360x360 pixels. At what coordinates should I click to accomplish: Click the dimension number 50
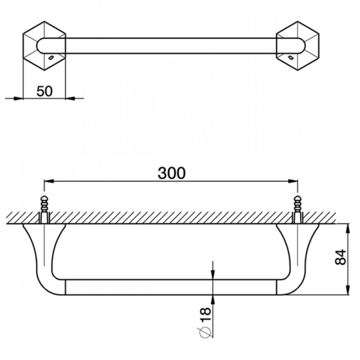[x=44, y=91]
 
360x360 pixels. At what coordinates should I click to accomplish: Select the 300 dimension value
[x=172, y=173]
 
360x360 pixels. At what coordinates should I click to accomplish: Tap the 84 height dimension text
[x=341, y=257]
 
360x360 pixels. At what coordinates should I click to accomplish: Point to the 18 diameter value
[x=205, y=314]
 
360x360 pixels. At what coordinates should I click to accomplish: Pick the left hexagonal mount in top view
[x=44, y=46]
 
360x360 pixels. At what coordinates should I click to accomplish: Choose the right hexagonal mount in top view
[x=298, y=46]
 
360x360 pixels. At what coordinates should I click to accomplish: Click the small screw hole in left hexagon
[x=51, y=57]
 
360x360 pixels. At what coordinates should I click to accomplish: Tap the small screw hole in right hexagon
[x=291, y=57]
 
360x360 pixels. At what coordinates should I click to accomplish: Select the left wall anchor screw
[x=44, y=209]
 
